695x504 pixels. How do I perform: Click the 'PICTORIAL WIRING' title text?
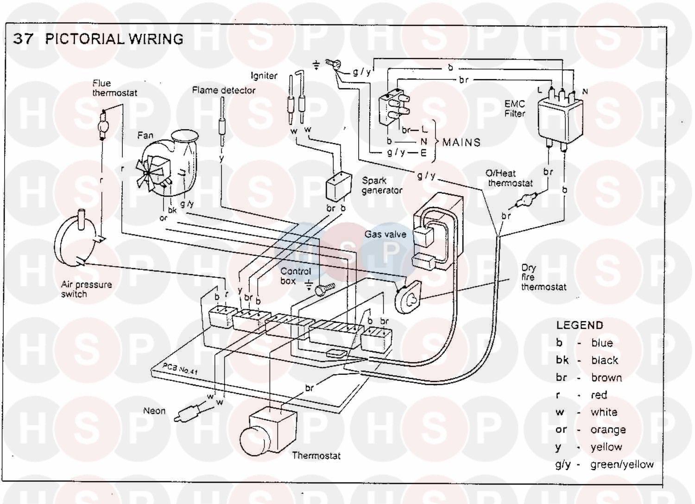[114, 39]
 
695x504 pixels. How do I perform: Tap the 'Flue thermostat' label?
[114, 88]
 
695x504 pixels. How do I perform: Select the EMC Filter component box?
[560, 118]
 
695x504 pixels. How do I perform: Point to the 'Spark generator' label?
[382, 185]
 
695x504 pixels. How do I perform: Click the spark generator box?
[339, 185]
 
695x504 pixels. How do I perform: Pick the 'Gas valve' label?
[385, 234]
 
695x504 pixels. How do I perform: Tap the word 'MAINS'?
[461, 143]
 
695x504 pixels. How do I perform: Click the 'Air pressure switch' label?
[86, 289]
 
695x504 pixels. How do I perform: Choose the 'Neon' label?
[154, 411]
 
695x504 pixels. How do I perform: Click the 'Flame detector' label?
[224, 90]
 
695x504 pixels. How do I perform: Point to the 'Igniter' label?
[264, 75]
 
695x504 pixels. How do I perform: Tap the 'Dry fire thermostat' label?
[543, 277]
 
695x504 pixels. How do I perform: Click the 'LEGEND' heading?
[580, 325]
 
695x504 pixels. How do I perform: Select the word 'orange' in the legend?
[608, 430]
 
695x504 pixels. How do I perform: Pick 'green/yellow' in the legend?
[622, 465]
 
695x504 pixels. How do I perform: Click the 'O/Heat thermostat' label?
[509, 178]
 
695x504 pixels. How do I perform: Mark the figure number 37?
[23, 39]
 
